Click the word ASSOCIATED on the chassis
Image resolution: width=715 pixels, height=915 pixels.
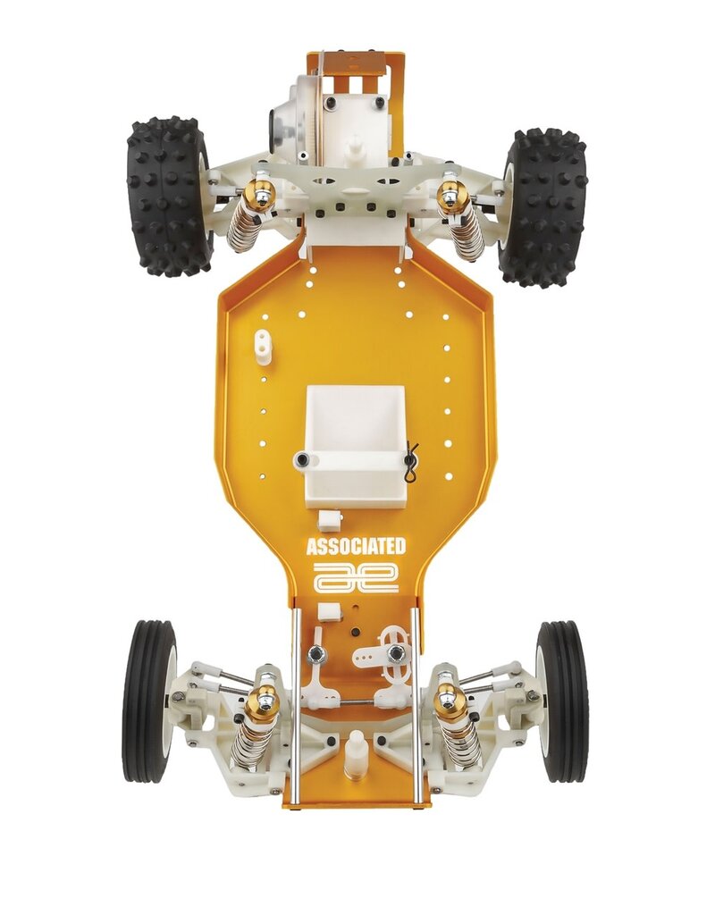(x=356, y=547)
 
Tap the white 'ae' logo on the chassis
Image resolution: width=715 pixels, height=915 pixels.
(x=356, y=577)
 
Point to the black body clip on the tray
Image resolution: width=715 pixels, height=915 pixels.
(x=410, y=463)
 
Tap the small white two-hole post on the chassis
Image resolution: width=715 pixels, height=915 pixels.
(x=262, y=346)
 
